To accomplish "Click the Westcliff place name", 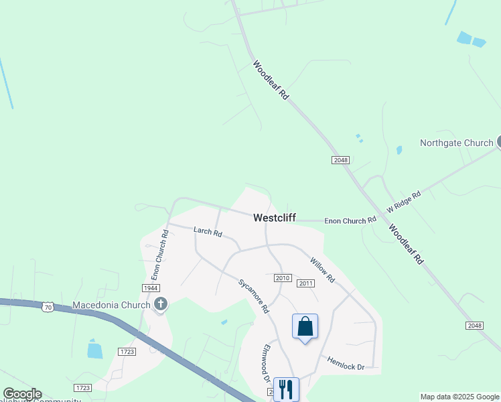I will (275, 218).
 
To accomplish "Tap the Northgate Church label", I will (456, 143).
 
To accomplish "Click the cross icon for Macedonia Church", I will (160, 305).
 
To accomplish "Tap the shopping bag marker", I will (305, 327).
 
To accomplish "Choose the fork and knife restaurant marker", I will (286, 388).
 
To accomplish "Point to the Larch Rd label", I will (208, 232).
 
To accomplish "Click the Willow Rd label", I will (321, 269).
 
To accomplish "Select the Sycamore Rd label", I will (254, 295).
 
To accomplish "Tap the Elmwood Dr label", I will (266, 364).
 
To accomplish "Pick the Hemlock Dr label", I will (346, 363).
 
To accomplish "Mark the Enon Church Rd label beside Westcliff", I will (350, 220).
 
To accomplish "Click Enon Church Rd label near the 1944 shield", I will (159, 255).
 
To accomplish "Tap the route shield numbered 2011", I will (305, 283).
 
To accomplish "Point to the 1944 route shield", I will (150, 287).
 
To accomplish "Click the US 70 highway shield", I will (47, 307).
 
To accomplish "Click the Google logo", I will (22, 394).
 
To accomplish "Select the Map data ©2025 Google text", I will (459, 397).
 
